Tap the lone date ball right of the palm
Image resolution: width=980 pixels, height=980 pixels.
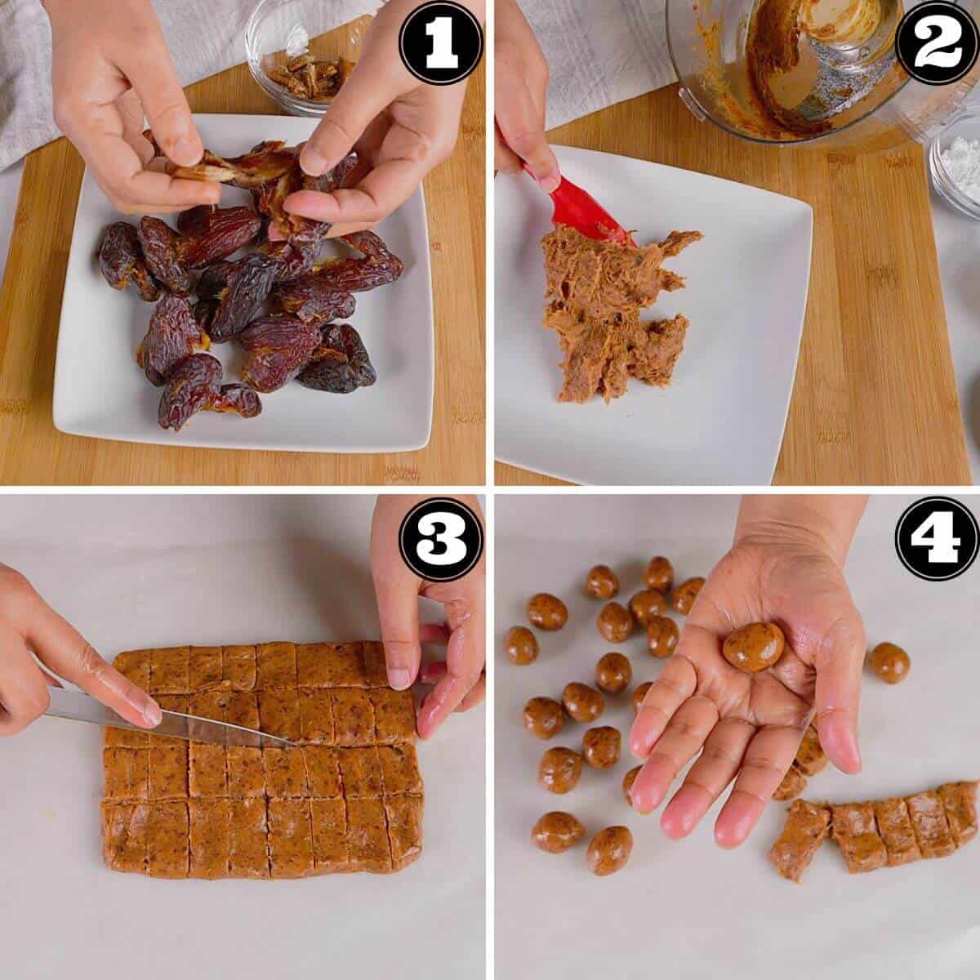click(x=889, y=661)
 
